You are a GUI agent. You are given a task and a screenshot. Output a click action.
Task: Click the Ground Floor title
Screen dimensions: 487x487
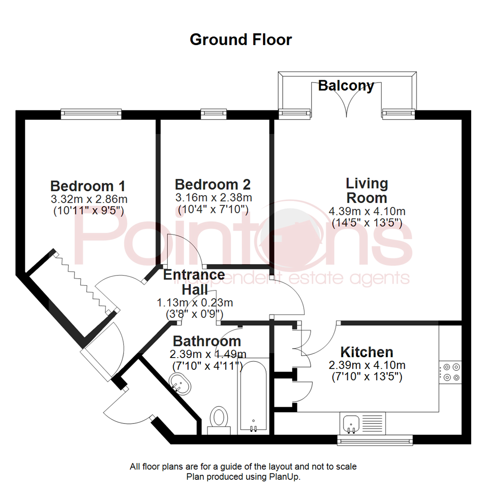(241, 40)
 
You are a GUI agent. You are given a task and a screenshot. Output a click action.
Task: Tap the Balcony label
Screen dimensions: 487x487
(346, 85)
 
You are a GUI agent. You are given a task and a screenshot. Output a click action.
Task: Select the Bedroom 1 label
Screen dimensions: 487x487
(87, 186)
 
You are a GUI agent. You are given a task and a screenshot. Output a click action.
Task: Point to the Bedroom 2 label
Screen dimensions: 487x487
(212, 184)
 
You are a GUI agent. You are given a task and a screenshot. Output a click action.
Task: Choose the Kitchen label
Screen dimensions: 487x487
(366, 352)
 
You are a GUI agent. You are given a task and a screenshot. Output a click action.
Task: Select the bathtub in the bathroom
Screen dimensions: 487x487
(253, 396)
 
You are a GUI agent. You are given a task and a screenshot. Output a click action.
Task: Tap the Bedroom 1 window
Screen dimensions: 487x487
(92, 114)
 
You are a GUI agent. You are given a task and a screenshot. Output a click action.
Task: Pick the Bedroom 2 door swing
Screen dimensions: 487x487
(185, 250)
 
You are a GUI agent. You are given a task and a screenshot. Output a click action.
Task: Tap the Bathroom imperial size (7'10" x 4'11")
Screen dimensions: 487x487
(207, 366)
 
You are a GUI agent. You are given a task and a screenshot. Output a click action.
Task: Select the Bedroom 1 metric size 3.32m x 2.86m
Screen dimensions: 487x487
(89, 198)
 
